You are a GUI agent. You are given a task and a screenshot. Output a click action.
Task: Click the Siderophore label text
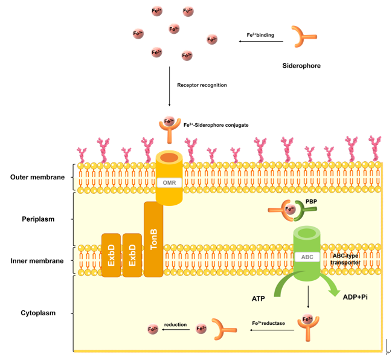(301, 65)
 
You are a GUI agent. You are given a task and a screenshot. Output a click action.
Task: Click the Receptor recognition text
(202, 85)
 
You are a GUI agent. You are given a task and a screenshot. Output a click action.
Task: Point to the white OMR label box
(169, 181)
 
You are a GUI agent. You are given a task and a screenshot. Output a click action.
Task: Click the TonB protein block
(153, 239)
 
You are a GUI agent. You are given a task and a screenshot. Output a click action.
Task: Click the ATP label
(259, 298)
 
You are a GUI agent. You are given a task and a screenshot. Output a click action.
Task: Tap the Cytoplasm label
(37, 313)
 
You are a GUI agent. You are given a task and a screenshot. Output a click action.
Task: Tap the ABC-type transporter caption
(345, 259)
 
